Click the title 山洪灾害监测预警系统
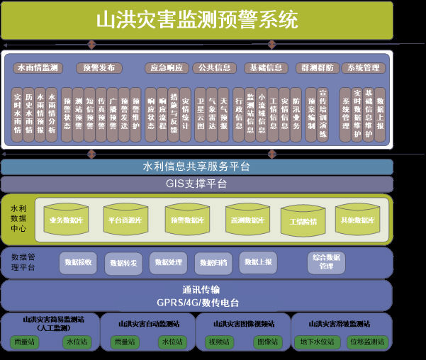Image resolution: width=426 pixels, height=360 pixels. tap(197, 19)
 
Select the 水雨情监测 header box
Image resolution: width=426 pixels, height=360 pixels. tap(37, 68)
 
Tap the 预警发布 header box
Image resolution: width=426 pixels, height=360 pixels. tap(99, 68)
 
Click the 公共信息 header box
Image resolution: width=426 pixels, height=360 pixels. tap(215, 68)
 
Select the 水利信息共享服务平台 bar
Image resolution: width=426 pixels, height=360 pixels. tap(196, 167)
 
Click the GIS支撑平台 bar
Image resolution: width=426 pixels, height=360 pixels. tap(196, 184)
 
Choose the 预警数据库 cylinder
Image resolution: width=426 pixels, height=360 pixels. tap(188, 220)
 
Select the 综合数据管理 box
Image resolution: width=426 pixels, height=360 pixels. tap(327, 263)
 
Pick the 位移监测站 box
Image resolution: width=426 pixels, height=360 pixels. tap(367, 342)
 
